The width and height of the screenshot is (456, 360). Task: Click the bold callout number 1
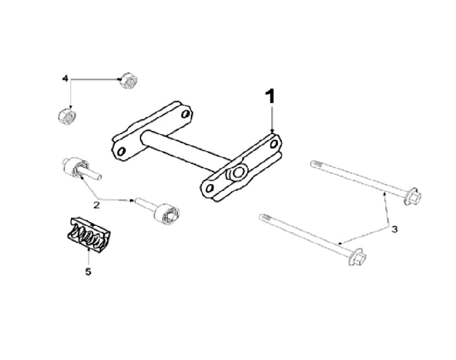[270, 96]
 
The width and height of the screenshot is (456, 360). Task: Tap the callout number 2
[96, 205]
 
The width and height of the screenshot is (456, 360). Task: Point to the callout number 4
[65, 78]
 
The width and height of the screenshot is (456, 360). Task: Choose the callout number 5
[88, 271]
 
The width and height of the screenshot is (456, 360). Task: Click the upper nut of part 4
[129, 81]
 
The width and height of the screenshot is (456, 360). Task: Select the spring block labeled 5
[87, 235]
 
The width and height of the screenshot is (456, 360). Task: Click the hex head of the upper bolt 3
[413, 196]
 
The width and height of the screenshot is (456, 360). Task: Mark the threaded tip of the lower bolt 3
[265, 218]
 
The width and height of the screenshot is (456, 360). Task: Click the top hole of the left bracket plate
[185, 114]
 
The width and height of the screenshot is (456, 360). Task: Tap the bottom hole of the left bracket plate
[121, 151]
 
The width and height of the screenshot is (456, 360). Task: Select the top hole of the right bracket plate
[274, 144]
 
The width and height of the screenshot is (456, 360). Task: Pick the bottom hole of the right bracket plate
[209, 189]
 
